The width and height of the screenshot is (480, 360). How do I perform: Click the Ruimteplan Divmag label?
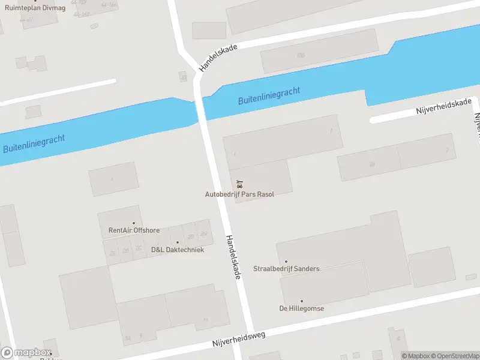(x=30, y=8)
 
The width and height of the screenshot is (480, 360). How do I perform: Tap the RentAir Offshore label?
(x=134, y=230)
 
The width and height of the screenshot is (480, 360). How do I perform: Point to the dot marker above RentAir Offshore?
(x=134, y=223)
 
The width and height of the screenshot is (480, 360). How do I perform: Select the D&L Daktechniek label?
(x=178, y=250)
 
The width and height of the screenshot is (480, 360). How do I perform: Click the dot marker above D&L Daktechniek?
(x=177, y=242)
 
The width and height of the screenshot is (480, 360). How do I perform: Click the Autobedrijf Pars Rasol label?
(x=239, y=194)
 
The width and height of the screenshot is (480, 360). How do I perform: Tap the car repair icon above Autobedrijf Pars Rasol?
(x=239, y=184)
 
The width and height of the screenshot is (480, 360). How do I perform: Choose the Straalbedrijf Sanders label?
(x=286, y=269)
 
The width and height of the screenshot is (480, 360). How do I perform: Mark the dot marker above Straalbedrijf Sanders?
(x=286, y=262)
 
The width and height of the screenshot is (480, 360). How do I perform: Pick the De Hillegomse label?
(x=302, y=308)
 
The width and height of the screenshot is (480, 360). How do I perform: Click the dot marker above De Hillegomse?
(x=302, y=301)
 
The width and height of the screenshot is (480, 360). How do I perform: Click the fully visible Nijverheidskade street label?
(x=444, y=107)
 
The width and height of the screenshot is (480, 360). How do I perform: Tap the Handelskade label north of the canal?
(x=218, y=58)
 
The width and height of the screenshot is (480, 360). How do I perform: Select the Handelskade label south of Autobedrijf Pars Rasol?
(x=233, y=256)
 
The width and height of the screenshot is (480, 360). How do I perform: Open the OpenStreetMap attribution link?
(x=454, y=356)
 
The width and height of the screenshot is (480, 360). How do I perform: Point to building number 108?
(x=301, y=55)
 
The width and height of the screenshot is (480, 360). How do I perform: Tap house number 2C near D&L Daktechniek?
(x=139, y=248)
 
